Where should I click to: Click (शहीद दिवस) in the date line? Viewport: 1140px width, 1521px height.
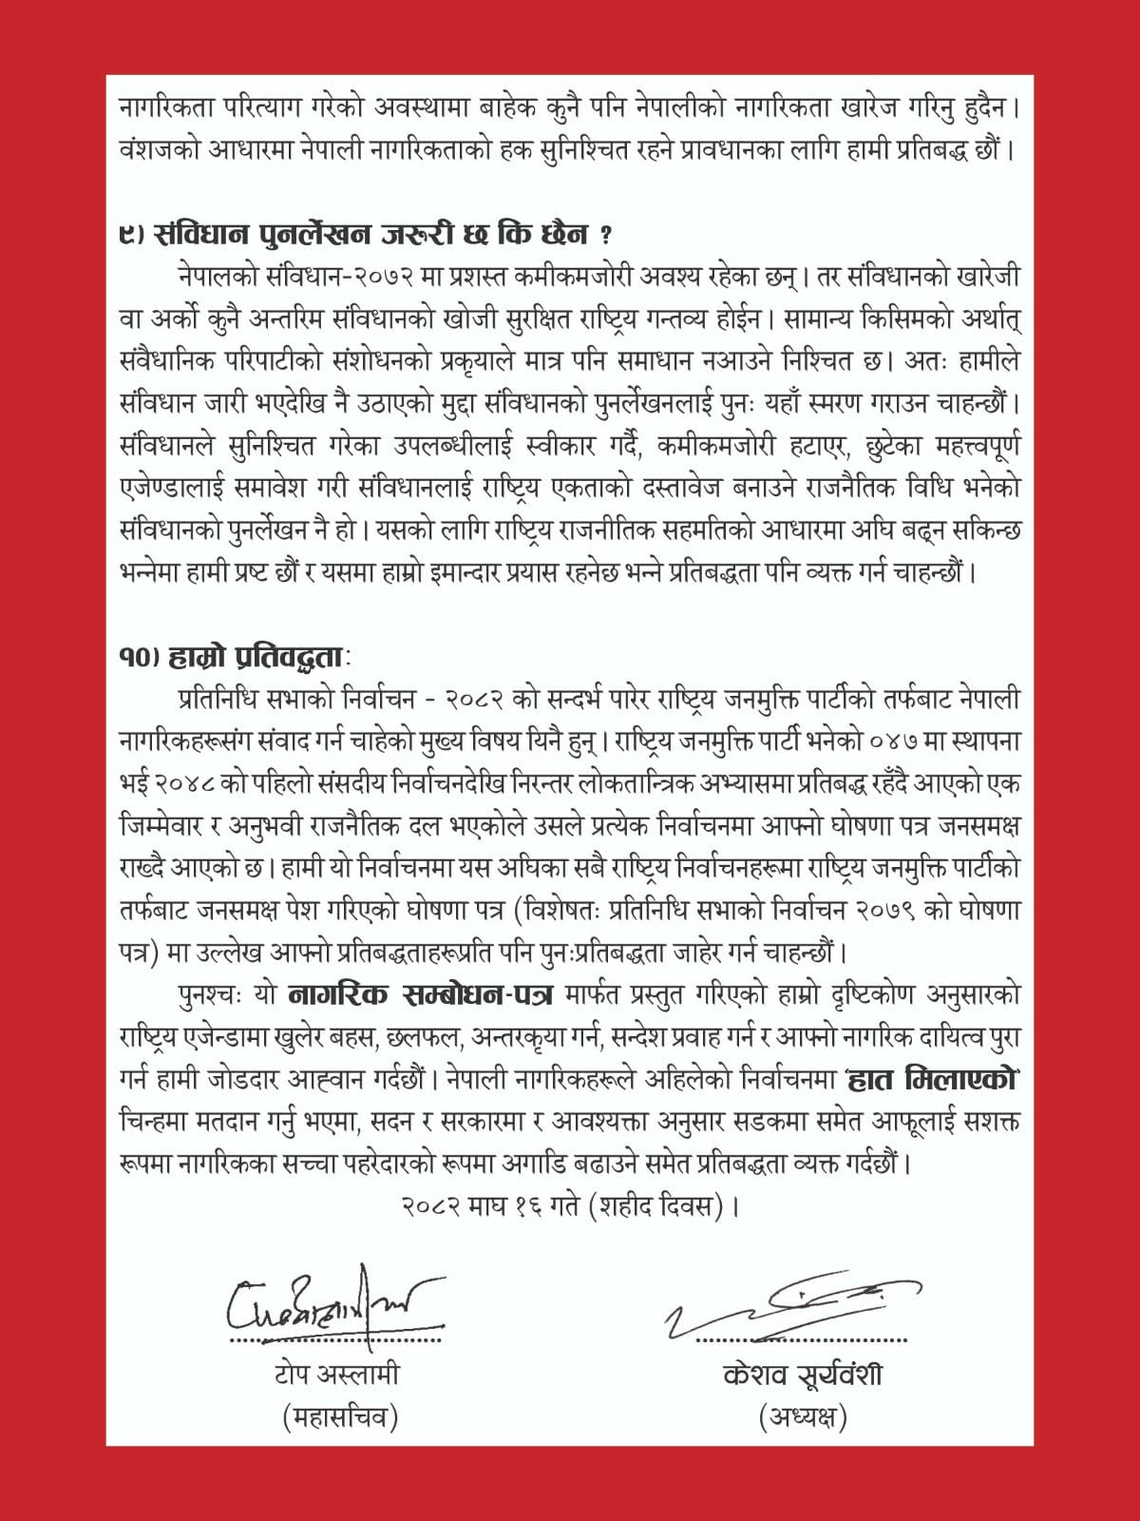click(661, 1206)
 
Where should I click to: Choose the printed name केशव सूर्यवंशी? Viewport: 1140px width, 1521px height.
click(802, 1375)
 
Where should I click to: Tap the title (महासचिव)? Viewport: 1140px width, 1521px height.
click(339, 1417)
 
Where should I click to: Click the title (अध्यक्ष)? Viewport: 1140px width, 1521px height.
click(803, 1417)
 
